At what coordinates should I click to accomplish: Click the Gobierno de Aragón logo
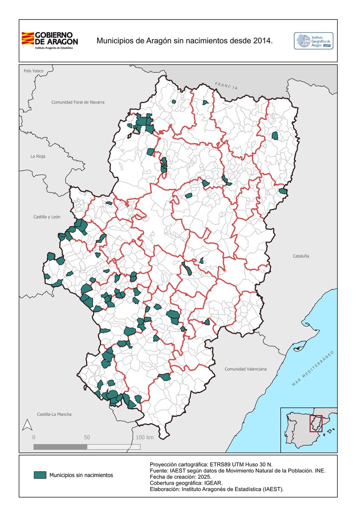50,40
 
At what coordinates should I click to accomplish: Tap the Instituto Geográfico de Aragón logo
313,41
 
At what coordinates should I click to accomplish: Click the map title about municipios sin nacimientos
184,41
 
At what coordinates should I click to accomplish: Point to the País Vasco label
34,71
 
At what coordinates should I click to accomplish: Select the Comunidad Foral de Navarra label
78,102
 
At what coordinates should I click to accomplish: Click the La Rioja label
38,156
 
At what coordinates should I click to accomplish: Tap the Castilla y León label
47,217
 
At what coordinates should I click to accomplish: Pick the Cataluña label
301,256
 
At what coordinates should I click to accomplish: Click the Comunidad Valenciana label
245,369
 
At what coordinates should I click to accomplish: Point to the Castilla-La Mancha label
54,414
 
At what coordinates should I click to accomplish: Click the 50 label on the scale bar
87,437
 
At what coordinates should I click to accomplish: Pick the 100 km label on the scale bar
145,437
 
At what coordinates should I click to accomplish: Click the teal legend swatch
40,475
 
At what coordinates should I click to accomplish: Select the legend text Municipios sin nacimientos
81,475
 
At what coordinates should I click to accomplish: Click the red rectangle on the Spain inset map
316,423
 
